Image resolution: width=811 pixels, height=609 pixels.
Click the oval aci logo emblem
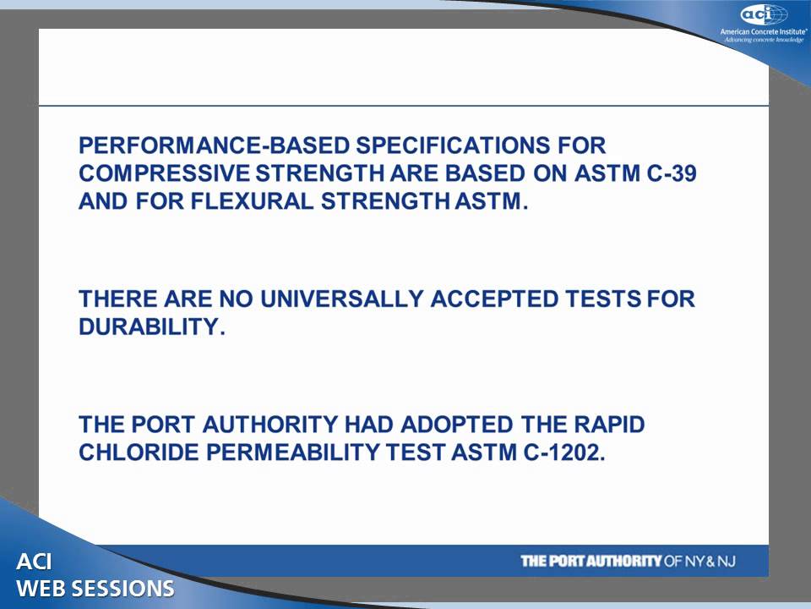click(764, 14)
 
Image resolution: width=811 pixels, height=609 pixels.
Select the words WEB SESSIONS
click(95, 589)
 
